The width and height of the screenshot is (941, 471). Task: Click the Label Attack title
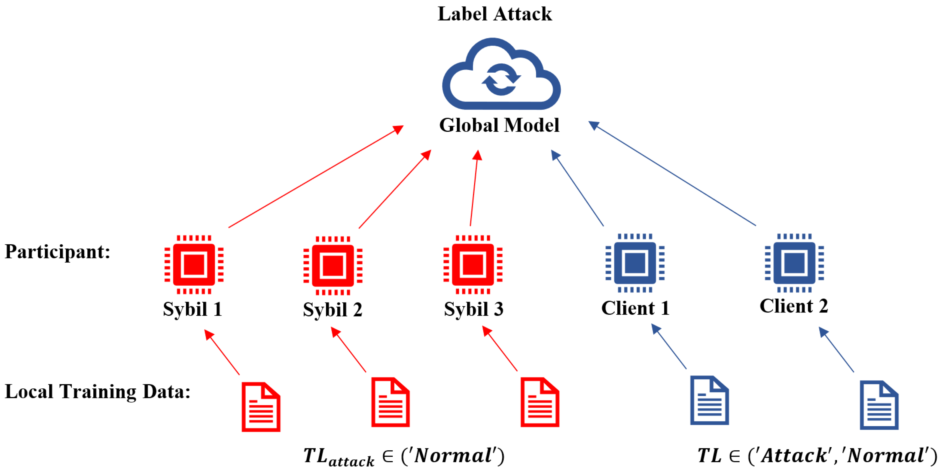click(x=495, y=14)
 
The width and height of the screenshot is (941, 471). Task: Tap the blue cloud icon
click(x=501, y=73)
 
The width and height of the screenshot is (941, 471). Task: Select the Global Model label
click(x=499, y=125)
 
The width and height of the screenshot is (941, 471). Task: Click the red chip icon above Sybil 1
click(x=194, y=264)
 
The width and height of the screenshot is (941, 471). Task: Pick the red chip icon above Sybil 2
click(x=333, y=265)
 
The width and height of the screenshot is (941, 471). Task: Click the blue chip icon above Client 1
click(x=635, y=263)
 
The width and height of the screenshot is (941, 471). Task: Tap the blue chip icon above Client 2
click(x=794, y=263)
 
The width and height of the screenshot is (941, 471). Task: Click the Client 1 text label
click(x=635, y=308)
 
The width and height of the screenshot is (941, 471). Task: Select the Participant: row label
click(x=57, y=251)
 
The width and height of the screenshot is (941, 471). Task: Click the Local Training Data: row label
click(x=97, y=391)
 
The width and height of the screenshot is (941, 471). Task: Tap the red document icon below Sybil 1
click(x=261, y=407)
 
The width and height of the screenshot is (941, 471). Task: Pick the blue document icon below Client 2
click(x=879, y=405)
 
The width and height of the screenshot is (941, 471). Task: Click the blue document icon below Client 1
click(x=709, y=400)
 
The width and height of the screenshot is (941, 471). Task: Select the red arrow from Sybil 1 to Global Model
click(x=316, y=176)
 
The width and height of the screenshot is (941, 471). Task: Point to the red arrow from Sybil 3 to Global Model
click(x=474, y=188)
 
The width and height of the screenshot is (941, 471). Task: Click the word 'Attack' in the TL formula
click(x=794, y=455)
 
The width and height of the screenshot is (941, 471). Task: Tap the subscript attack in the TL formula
click(x=351, y=462)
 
